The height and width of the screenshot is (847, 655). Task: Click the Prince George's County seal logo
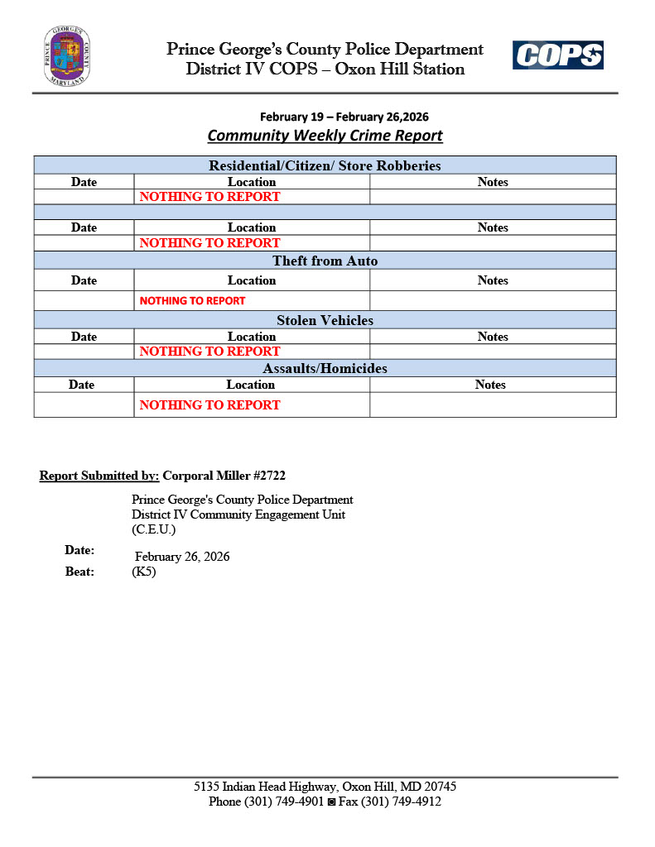tap(67, 56)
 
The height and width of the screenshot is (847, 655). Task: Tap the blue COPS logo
tap(557, 55)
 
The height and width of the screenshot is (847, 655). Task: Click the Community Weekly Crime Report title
tap(325, 136)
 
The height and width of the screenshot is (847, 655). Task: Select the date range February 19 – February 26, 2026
tap(344, 117)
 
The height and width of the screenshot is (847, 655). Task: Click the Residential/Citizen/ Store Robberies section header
tap(325, 165)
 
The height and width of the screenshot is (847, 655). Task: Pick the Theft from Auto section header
tap(325, 261)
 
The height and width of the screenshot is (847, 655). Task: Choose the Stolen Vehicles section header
tap(325, 320)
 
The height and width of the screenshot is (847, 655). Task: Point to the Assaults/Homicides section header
tap(325, 368)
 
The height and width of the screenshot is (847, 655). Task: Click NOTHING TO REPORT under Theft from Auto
tap(192, 301)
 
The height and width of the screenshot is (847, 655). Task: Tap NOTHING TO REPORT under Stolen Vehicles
tap(210, 352)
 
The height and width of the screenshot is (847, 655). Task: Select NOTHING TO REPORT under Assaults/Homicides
tap(210, 405)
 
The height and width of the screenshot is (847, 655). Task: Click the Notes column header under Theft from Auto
tap(493, 280)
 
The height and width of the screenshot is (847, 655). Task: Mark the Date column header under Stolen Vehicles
tap(84, 337)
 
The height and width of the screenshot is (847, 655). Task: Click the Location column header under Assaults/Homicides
tap(251, 385)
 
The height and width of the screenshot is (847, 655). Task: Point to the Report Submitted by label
tap(99, 476)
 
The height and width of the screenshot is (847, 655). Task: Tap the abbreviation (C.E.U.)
tap(153, 529)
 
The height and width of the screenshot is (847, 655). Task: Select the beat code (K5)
tap(144, 572)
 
